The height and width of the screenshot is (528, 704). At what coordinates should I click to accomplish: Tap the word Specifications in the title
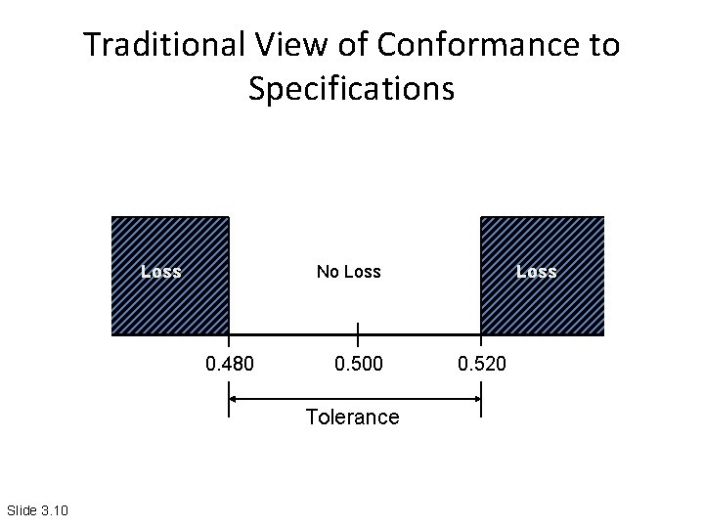[351, 89]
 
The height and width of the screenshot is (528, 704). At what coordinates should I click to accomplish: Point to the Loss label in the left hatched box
[160, 272]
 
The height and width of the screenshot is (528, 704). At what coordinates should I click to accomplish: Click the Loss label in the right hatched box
[536, 272]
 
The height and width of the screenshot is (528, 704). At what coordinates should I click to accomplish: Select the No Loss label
[348, 272]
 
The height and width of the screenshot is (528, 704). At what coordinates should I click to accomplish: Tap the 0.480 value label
[229, 366]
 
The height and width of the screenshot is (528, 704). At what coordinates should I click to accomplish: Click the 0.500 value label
[359, 366]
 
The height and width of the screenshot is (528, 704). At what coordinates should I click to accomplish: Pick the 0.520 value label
[482, 366]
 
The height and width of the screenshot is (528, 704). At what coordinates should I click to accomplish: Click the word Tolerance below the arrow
[352, 418]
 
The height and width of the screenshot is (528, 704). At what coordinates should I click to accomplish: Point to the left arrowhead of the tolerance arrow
[235, 397]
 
